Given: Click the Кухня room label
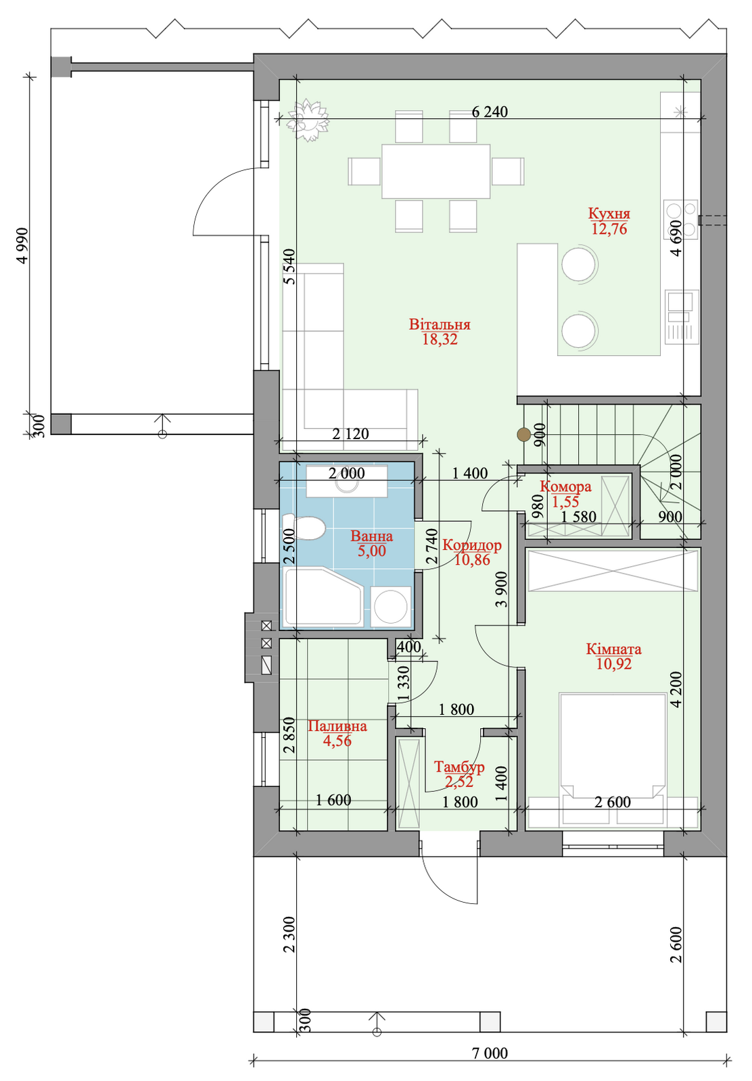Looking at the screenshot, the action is tap(609, 213).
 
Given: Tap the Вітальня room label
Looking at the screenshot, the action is tap(440, 324).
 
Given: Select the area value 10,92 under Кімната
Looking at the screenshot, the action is tap(613, 664).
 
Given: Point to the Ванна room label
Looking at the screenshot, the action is tap(371, 536).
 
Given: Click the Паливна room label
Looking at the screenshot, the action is tap(337, 726).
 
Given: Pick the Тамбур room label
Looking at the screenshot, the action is tap(459, 766).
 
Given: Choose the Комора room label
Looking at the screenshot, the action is tap(565, 486).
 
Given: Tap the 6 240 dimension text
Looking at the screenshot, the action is tap(490, 112).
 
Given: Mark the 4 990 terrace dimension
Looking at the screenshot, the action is tap(22, 246).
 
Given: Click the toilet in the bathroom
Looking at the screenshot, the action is tap(303, 527).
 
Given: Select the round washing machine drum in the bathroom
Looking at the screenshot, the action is tap(391, 607).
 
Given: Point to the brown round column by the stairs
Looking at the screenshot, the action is tap(523, 435).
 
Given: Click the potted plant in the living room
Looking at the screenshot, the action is tap(308, 120).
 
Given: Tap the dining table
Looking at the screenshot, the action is tap(436, 171).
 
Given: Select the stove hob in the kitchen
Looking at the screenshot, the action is tap(681, 219).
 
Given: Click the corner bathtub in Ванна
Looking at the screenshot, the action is tap(323, 597).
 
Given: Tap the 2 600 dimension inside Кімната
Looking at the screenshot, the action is tap(613, 802).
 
